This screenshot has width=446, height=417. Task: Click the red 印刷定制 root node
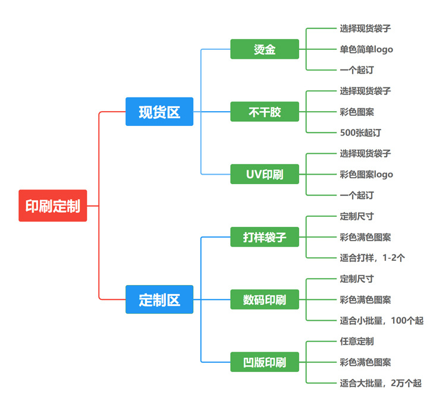[x=52, y=206]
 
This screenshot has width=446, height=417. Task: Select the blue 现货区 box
[x=159, y=112]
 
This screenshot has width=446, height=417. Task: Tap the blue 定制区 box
[x=159, y=299]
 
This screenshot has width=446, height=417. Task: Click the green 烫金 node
[x=265, y=49]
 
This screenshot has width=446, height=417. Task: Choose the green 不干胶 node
[x=265, y=112]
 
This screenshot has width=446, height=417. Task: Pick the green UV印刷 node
[x=265, y=174]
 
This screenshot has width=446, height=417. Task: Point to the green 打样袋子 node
[x=265, y=237]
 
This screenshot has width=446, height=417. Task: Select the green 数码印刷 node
[x=265, y=299]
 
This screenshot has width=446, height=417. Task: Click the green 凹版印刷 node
[x=265, y=362]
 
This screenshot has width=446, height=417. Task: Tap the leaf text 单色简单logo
[x=366, y=49]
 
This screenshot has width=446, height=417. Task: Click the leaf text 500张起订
[x=360, y=132]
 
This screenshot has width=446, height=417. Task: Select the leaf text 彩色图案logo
[x=366, y=174]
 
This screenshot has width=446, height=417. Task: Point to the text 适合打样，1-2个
[x=372, y=258]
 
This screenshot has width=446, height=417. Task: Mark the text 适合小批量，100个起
[x=381, y=321]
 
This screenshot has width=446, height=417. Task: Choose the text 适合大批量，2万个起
[x=381, y=383]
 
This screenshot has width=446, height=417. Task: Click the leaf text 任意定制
[x=357, y=341]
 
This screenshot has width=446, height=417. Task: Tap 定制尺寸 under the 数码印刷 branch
[x=357, y=279]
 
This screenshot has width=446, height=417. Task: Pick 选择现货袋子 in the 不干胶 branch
[x=365, y=91]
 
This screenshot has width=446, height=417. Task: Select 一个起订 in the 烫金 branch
[x=357, y=70]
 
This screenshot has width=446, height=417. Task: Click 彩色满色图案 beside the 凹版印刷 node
[x=365, y=362]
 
